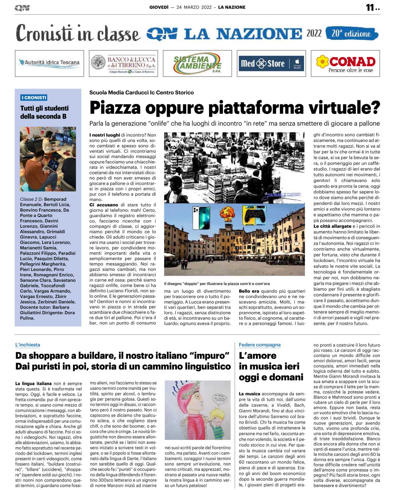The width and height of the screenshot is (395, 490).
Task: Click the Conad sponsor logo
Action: coord(345,64)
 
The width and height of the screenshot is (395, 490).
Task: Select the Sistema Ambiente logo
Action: coord(197,63)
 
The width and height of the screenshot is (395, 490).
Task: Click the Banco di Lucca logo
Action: coord(123,64)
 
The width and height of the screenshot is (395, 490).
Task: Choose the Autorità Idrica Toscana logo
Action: coord(49,63)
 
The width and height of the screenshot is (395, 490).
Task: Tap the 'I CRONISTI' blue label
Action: coord(34,98)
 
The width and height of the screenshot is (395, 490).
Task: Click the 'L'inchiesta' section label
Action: coord(28,345)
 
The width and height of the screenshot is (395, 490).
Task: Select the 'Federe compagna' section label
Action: coord(259,345)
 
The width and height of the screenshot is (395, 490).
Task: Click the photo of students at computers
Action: coord(48,159)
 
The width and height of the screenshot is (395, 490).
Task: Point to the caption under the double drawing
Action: coord(217,284)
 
